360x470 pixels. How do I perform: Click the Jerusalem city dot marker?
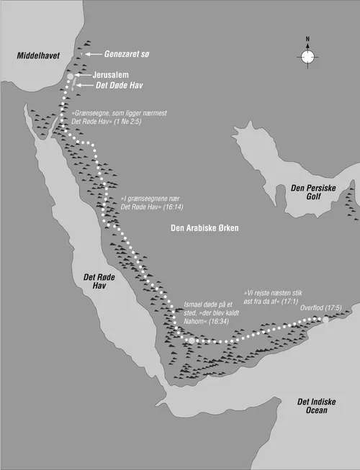coord(71,75)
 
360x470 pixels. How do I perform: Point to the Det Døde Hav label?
coord(116,85)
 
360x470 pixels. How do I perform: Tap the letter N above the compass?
coord(307,39)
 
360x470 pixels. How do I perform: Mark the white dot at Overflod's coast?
coord(326,317)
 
